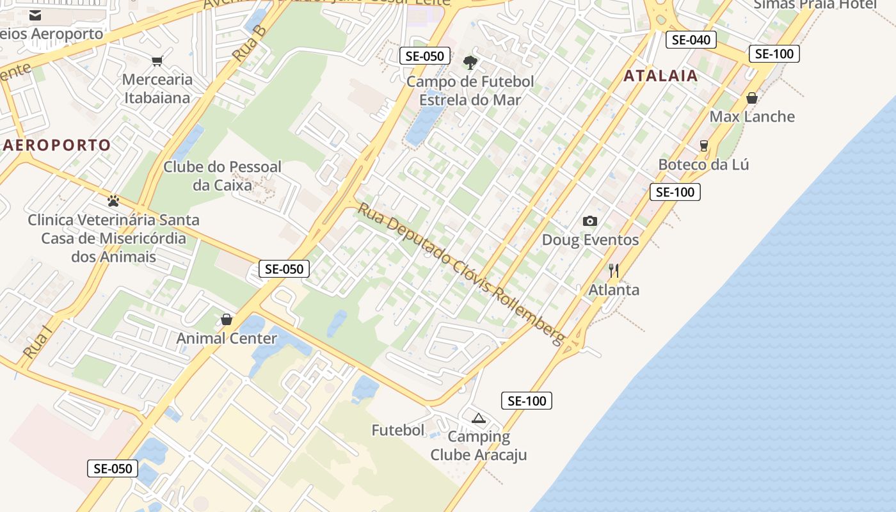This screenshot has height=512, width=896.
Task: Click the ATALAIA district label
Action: [x=660, y=76]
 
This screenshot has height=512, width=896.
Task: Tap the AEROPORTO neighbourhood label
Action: [x=57, y=145]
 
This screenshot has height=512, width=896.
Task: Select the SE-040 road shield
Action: [x=691, y=40]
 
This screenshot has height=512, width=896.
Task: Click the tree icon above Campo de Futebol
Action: [x=470, y=62]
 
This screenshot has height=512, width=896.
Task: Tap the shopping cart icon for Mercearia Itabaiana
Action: [x=157, y=61]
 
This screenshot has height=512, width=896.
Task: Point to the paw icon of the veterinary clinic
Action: [x=113, y=201]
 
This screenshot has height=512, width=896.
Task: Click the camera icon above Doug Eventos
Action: [x=589, y=221]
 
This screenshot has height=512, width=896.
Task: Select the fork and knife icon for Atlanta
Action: [x=613, y=271]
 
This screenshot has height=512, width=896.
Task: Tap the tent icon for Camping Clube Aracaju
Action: [x=478, y=419]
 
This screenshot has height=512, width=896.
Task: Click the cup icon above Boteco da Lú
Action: [x=704, y=146]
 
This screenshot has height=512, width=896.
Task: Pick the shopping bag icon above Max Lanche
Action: [x=752, y=98]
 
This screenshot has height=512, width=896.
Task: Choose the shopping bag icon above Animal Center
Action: [x=226, y=319]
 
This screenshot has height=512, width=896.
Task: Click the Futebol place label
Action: [x=398, y=430]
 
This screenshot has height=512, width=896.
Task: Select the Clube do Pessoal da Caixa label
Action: [x=222, y=176]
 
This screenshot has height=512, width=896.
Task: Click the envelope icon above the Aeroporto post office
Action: [x=35, y=15]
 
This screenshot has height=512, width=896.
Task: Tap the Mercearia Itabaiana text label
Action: [x=157, y=88]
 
